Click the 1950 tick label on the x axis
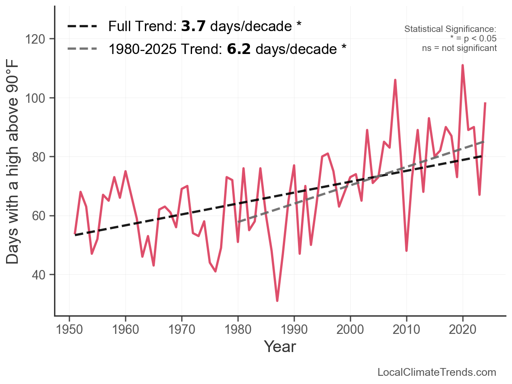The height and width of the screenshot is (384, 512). coord(69,330)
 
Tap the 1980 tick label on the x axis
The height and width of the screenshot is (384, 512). coord(238,330)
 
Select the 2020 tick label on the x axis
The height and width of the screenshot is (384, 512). coord(463,330)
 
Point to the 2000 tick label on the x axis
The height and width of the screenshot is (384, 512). coord(350,330)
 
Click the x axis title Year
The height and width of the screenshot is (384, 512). coord(280,346)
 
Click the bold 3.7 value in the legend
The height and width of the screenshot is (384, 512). coord(193,27)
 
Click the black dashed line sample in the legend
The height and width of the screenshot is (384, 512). coord(82,27)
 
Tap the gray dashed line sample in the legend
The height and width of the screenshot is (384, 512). coord(82,49)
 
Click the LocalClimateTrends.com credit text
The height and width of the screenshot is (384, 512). coord(437,372)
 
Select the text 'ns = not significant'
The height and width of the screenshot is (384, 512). coord(459,48)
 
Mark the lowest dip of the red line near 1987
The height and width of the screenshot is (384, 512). coord(277,301)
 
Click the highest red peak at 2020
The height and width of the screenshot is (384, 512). coord(463,65)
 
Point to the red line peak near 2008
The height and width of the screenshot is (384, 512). coord(395,80)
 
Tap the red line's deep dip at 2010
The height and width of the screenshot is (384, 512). coord(406,251)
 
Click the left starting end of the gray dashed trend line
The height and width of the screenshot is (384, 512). coord(238,222)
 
